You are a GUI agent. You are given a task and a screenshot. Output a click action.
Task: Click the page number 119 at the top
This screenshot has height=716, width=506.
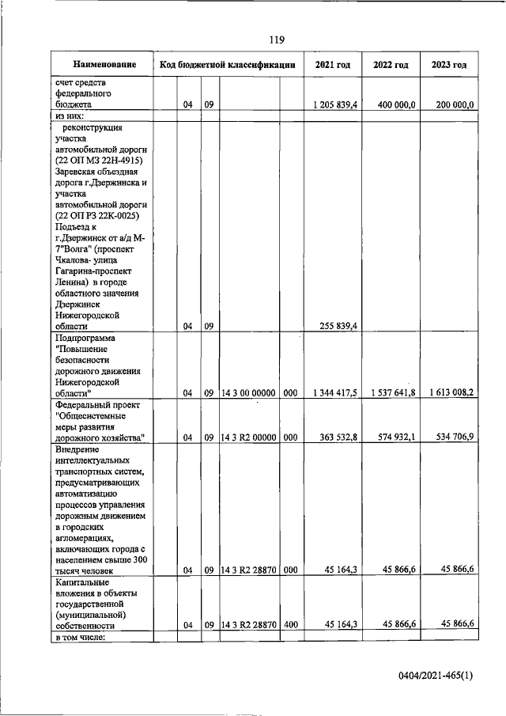point(276,40)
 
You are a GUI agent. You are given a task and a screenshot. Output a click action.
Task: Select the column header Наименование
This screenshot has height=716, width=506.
point(104,64)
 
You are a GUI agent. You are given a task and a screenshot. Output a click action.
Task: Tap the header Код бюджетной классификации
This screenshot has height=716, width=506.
point(228,64)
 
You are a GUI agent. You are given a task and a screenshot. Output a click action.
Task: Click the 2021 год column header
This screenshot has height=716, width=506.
point(333,64)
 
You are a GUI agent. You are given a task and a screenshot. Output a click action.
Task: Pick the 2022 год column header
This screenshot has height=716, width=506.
point(391,64)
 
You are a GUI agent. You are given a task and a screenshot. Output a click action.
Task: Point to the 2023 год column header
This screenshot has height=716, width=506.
point(449,64)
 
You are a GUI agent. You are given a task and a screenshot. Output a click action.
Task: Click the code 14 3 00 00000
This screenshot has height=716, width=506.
point(249,392)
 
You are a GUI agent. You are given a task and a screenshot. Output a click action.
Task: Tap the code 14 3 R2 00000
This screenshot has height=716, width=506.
point(249,436)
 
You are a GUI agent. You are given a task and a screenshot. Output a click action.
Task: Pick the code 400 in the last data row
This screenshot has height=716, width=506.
point(290,624)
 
